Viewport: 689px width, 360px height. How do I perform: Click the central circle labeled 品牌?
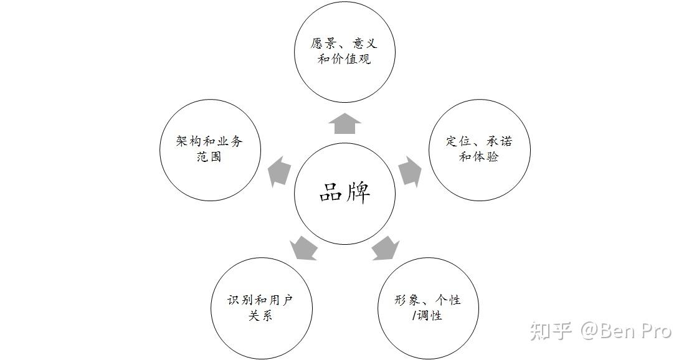[344, 193]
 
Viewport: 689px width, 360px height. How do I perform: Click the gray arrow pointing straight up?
[344, 124]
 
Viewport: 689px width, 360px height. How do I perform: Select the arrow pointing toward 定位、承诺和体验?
[409, 172]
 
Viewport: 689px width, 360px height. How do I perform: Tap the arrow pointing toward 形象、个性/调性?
[385, 247]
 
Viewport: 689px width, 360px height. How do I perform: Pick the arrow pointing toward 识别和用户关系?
[303, 247]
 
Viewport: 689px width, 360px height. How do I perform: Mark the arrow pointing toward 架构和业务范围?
[280, 172]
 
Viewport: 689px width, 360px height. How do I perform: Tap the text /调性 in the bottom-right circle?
[427, 316]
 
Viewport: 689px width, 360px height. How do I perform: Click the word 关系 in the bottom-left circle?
[260, 316]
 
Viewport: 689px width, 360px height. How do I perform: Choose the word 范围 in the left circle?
[210, 157]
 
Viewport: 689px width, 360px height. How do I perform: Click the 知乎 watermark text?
[551, 331]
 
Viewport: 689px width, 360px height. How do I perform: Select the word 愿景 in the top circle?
[323, 44]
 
